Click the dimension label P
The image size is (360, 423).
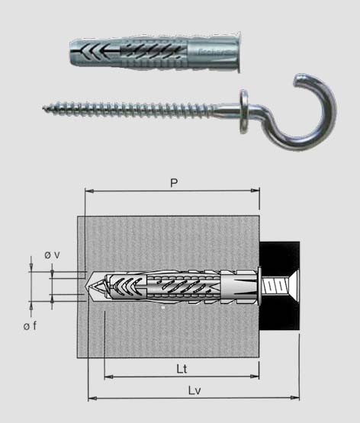click(x=174, y=183)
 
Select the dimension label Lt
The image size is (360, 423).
click(x=182, y=369)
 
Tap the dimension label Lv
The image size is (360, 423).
click(x=194, y=390)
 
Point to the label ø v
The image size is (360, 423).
click(x=52, y=255)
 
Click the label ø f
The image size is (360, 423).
click(x=30, y=326)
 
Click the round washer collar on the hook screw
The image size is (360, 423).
click(x=244, y=111)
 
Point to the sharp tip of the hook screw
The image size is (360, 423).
click(x=43, y=108)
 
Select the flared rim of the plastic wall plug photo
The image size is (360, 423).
click(x=238, y=52)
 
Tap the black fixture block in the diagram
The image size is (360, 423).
click(x=280, y=286)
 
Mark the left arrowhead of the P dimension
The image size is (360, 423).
click(x=89, y=191)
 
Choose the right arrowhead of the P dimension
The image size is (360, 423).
click(x=255, y=191)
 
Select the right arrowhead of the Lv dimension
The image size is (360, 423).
click(x=294, y=397)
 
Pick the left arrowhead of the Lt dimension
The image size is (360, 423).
click(x=109, y=376)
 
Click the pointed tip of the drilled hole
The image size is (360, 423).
click(x=86, y=287)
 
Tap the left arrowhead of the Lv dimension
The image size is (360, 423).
click(x=93, y=398)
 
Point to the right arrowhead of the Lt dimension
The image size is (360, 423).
click(x=255, y=376)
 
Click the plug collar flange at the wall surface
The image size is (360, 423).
click(x=259, y=287)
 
